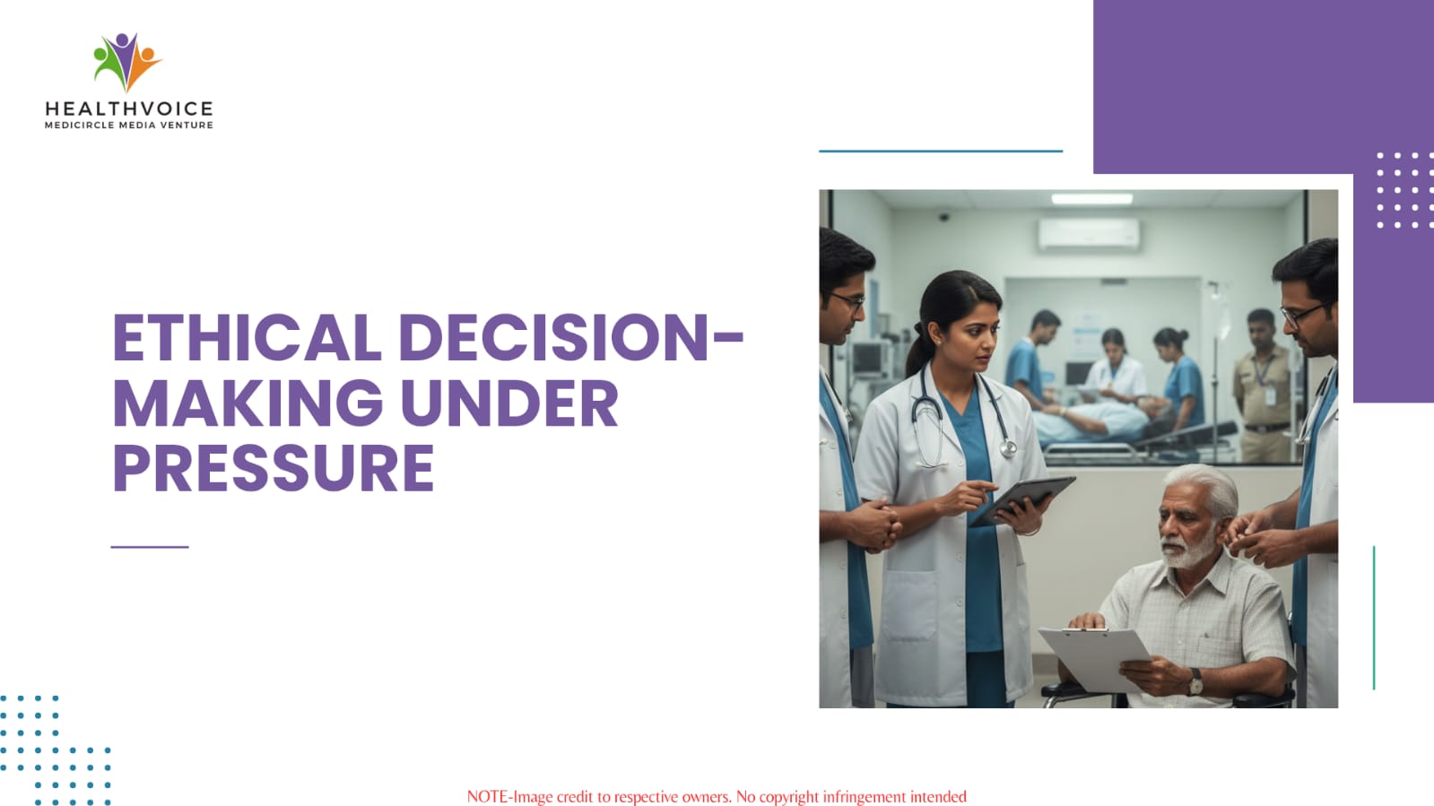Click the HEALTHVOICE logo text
click(x=128, y=108)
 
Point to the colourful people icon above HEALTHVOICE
click(x=126, y=62)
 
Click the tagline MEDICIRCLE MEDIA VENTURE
click(x=128, y=126)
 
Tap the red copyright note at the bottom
click(x=717, y=797)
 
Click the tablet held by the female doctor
click(x=1021, y=500)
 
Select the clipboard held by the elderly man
click(x=1095, y=658)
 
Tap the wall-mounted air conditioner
click(x=1089, y=233)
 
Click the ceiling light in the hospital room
click(x=1091, y=199)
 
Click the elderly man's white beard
click(x=1187, y=550)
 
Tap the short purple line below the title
click(x=150, y=547)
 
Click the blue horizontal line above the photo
click(x=941, y=152)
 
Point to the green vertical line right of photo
click(x=1374, y=617)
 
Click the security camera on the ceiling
click(x=943, y=217)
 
